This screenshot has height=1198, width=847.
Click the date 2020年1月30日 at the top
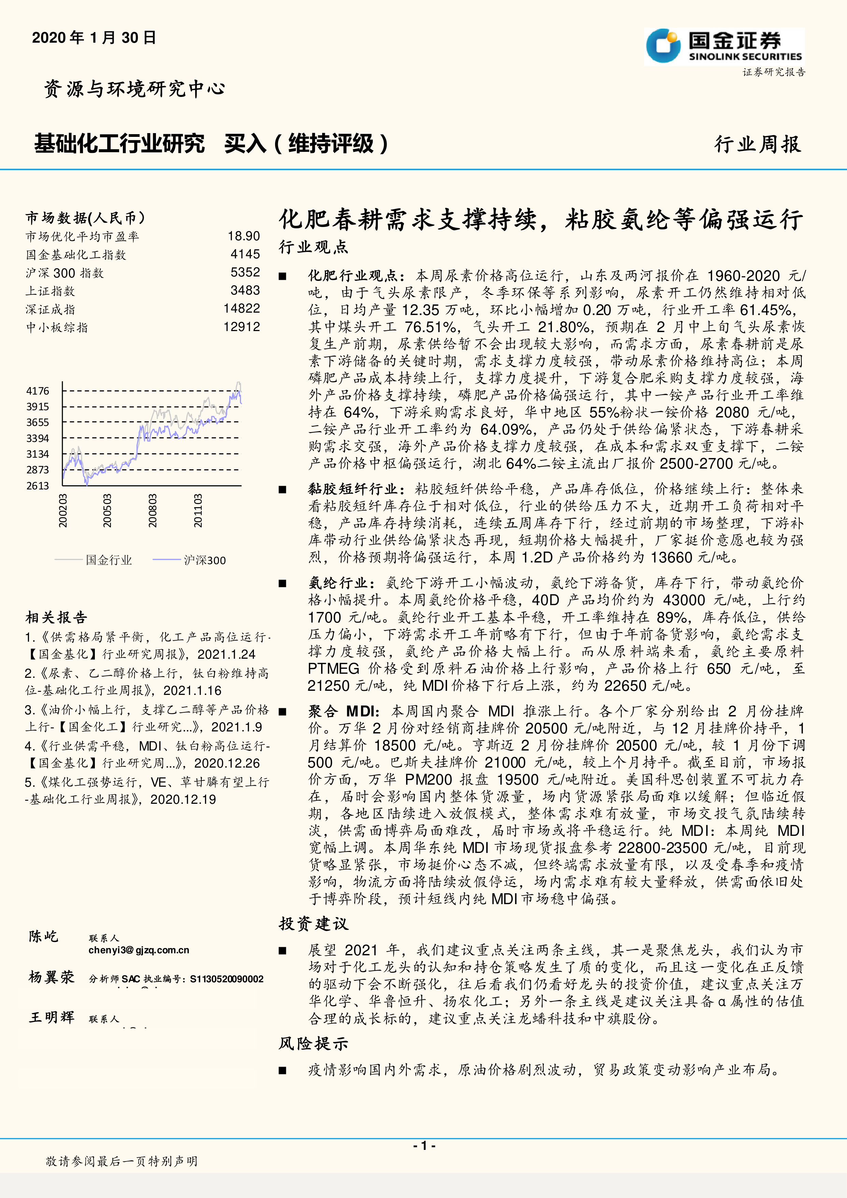click(94, 38)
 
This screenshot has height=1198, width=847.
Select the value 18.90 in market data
click(244, 237)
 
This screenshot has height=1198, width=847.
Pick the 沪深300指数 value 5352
click(245, 272)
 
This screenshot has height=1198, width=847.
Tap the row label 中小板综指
click(57, 328)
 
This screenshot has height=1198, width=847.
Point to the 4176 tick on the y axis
click(38, 391)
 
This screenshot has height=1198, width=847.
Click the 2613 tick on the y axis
click(38, 486)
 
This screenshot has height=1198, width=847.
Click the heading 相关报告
click(56, 618)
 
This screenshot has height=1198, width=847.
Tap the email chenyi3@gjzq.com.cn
click(139, 950)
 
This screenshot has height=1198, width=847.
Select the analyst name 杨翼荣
click(51, 977)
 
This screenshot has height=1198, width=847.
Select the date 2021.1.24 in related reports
click(226, 654)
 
